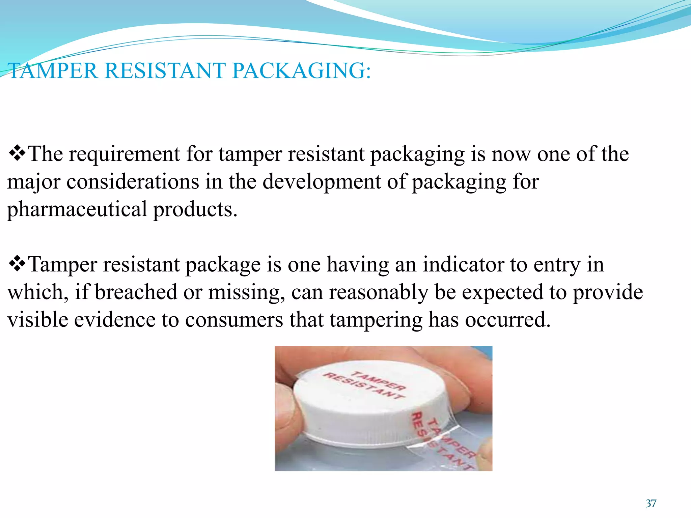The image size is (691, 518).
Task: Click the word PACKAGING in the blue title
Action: [x=301, y=71]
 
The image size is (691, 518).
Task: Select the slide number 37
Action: [x=651, y=503]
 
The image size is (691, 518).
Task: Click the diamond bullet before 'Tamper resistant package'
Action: [x=17, y=264]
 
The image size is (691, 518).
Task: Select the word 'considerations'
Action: [x=133, y=182]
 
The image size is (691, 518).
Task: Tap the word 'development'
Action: [x=322, y=182]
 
